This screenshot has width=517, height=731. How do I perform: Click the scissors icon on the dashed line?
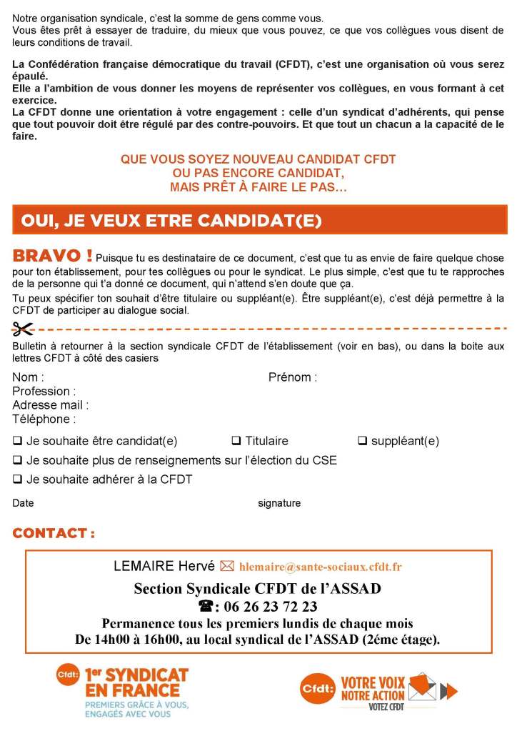[x=23, y=329]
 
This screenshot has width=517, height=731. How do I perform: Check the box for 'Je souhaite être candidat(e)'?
[x=17, y=441]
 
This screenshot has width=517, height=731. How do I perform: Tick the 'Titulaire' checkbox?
[x=236, y=441]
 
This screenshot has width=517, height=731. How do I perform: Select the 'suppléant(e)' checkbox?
[x=362, y=441]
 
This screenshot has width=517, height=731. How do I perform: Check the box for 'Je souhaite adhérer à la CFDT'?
[x=17, y=479]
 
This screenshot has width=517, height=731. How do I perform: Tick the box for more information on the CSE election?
[x=17, y=460]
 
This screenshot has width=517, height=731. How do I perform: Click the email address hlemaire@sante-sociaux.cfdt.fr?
[x=320, y=567]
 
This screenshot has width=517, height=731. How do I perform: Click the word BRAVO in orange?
[x=52, y=256]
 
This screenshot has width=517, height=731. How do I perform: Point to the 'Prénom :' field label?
[x=293, y=377]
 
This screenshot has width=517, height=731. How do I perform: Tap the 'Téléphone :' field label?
[x=44, y=419]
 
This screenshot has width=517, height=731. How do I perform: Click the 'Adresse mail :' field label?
[x=51, y=405]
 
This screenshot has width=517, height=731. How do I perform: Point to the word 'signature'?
[x=279, y=503]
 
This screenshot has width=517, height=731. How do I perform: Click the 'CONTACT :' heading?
[x=54, y=533]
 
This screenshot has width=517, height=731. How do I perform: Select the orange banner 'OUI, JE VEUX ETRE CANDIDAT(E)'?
[x=259, y=220]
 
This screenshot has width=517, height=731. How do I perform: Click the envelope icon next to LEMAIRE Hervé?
[x=227, y=567]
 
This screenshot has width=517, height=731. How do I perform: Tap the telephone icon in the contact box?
[x=206, y=607]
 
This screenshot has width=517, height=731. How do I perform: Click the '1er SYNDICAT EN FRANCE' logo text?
[x=136, y=682]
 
